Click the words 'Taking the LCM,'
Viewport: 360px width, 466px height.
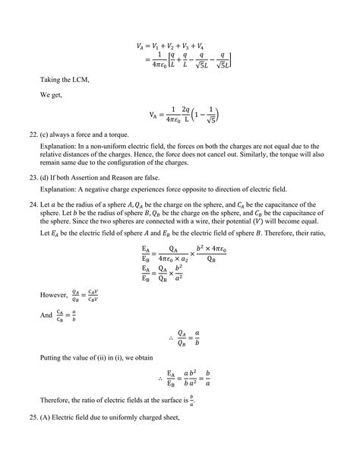coord(63,79)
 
